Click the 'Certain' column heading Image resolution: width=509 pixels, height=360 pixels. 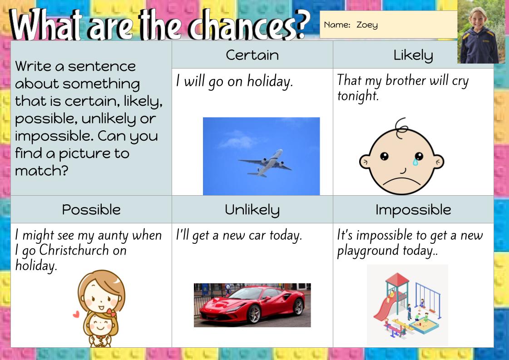(252, 55)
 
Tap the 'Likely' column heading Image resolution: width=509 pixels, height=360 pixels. (413, 55)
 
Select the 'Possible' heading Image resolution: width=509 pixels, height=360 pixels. (91, 209)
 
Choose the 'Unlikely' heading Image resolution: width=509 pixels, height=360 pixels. (252, 209)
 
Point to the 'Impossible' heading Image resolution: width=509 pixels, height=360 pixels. (413, 209)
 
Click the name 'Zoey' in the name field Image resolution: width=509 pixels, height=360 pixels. (367, 25)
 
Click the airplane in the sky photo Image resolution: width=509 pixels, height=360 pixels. (266, 162)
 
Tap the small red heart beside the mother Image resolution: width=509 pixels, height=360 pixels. (76, 313)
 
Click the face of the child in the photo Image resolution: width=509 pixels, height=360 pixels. (479, 18)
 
